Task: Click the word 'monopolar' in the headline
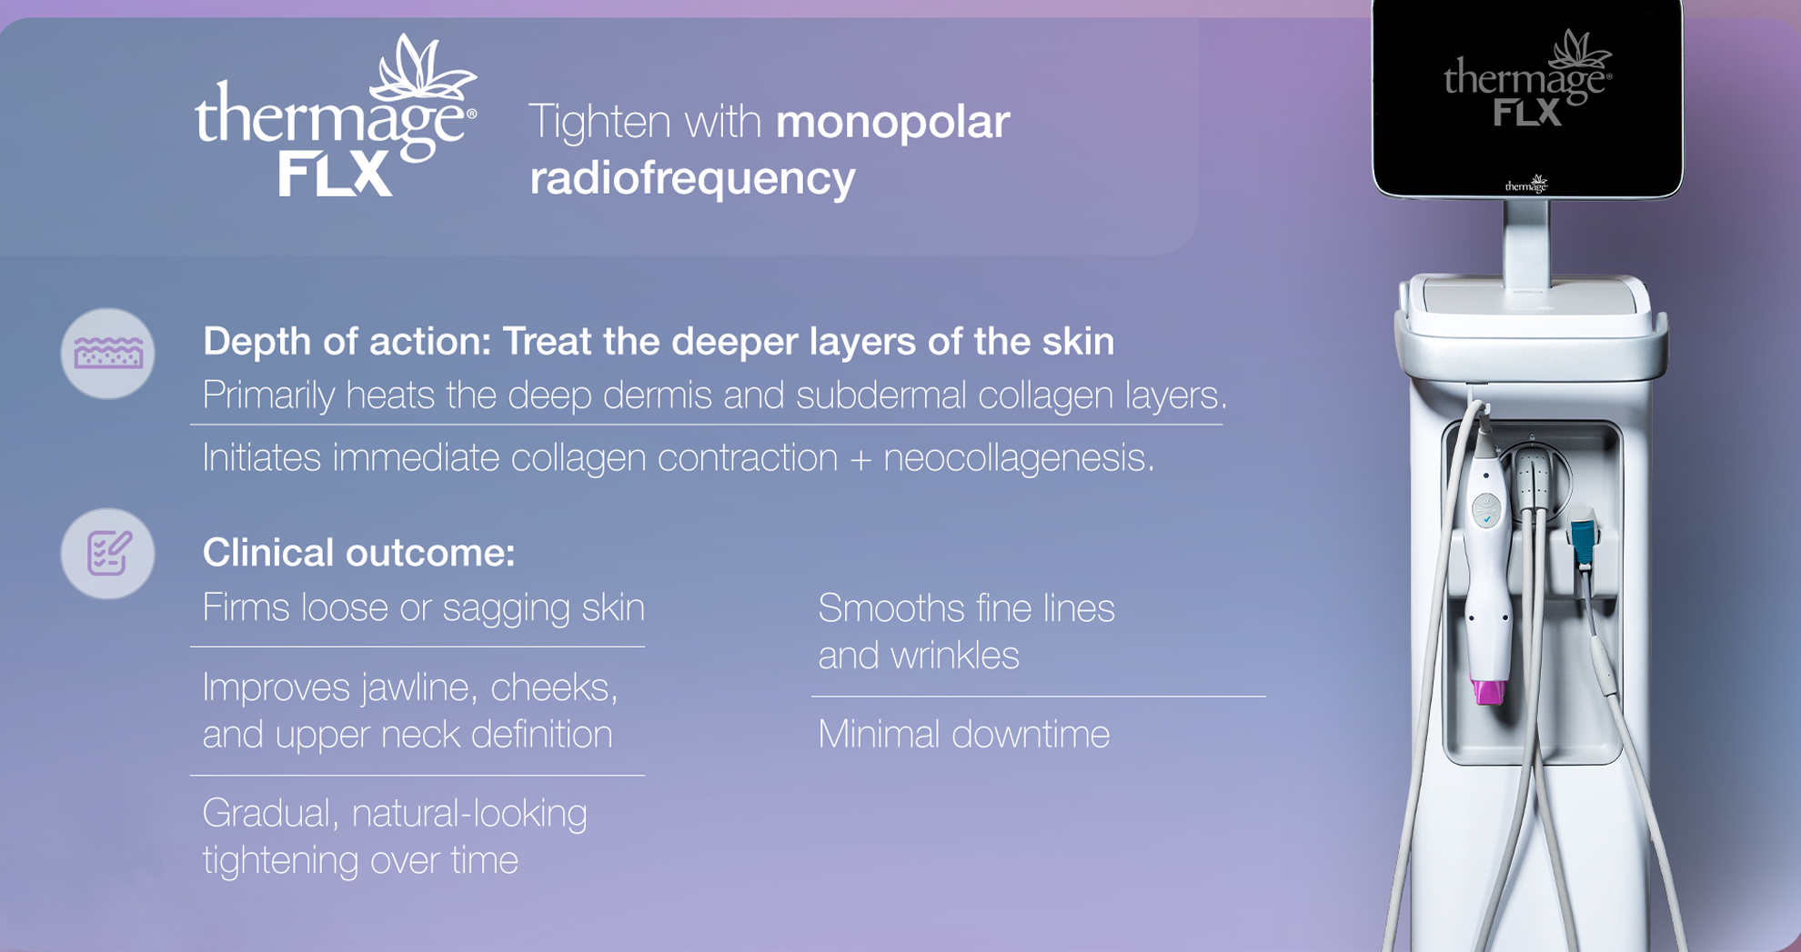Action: pyautogui.click(x=892, y=123)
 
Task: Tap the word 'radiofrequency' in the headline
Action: pyautogui.click(x=692, y=177)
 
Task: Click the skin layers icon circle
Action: pyautogui.click(x=107, y=354)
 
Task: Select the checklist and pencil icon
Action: pyautogui.click(x=107, y=554)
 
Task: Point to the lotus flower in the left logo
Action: pyautogui.click(x=424, y=69)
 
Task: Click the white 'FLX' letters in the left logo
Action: pyautogui.click(x=335, y=174)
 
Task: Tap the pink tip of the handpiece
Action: pyautogui.click(x=1488, y=691)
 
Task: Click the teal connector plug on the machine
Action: pyautogui.click(x=1584, y=540)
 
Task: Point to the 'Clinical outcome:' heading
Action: pyautogui.click(x=358, y=553)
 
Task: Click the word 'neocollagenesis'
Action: pyautogui.click(x=1019, y=457)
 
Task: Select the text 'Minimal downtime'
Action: pyautogui.click(x=963, y=734)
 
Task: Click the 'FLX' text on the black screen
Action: pyautogui.click(x=1527, y=113)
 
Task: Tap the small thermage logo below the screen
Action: pyautogui.click(x=1526, y=185)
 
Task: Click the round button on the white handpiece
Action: pyautogui.click(x=1486, y=510)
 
